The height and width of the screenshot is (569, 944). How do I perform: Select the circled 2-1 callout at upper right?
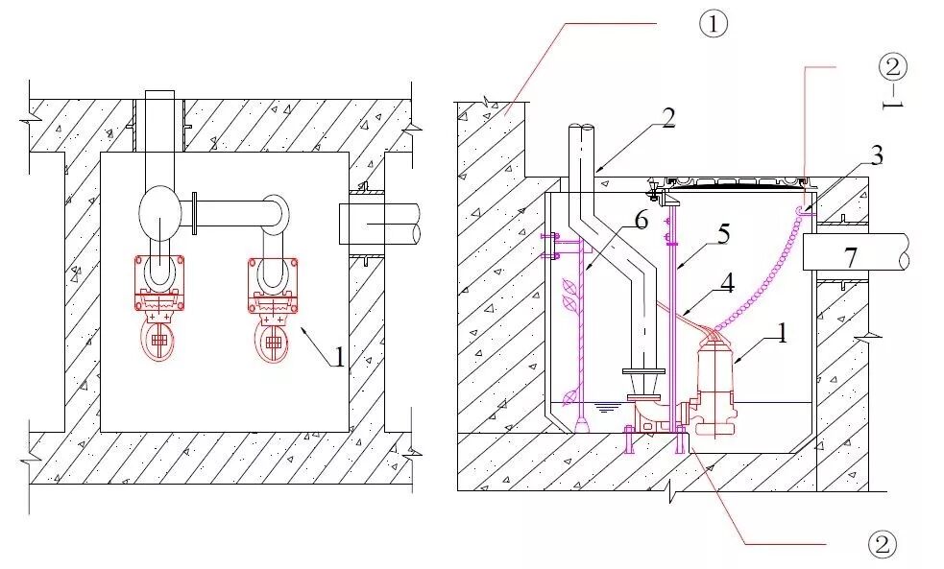pos(893,66)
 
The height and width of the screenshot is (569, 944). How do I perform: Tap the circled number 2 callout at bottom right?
pos(882,544)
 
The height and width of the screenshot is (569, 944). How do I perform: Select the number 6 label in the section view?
pos(641,223)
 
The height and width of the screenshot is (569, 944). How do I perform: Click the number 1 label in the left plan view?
pos(338,357)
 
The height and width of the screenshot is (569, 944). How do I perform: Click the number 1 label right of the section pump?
pos(781,335)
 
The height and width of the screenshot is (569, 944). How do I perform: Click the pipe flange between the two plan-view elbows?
pos(196,213)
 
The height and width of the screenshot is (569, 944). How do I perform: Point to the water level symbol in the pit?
pos(605,408)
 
